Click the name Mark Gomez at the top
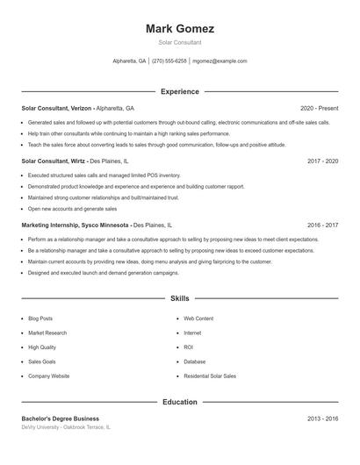[180, 28]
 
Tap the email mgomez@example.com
[220, 61]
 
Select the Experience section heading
[180, 91]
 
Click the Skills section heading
[180, 298]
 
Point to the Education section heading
[180, 402]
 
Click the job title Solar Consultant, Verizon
[56, 108]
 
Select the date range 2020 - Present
[320, 108]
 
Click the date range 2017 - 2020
[323, 161]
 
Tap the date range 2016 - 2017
[323, 225]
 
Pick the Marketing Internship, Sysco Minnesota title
[76, 225]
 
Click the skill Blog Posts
[40, 318]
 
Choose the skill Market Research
[47, 333]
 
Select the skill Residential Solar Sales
[210, 376]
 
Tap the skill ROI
[188, 347]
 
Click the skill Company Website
[48, 376]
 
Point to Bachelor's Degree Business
[61, 418]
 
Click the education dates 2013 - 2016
[323, 418]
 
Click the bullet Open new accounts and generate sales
[72, 209]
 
